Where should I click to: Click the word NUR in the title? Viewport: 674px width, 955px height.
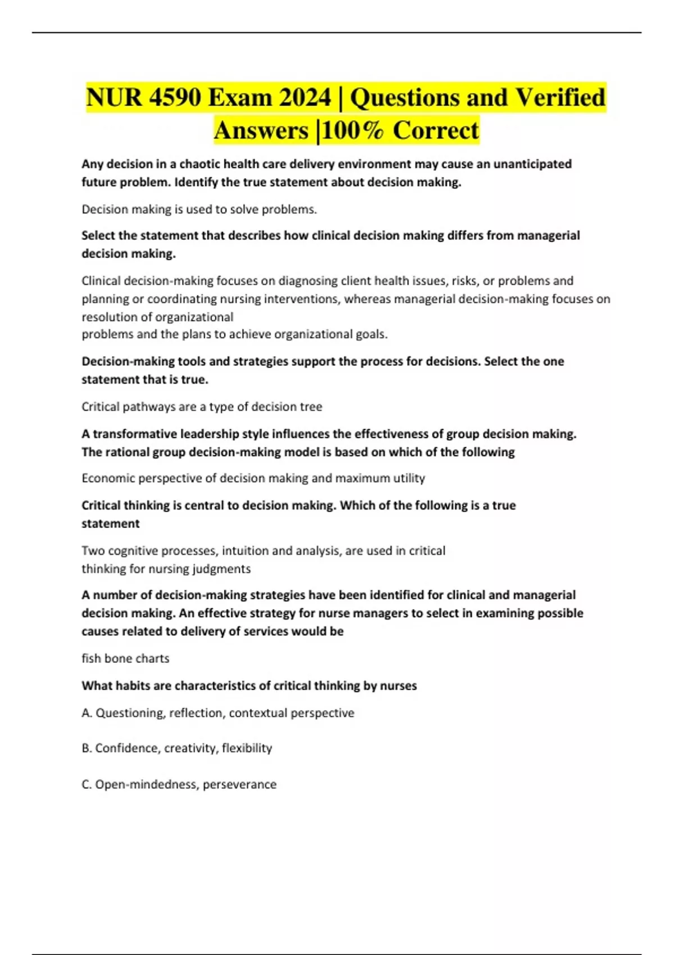(x=114, y=98)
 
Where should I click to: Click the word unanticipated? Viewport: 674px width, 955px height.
(x=532, y=164)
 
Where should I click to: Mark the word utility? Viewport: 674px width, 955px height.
(x=409, y=478)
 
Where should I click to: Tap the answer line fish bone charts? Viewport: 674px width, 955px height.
(x=125, y=658)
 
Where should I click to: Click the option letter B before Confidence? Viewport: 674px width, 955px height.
(x=86, y=748)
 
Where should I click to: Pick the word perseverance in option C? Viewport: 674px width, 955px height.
(x=239, y=784)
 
